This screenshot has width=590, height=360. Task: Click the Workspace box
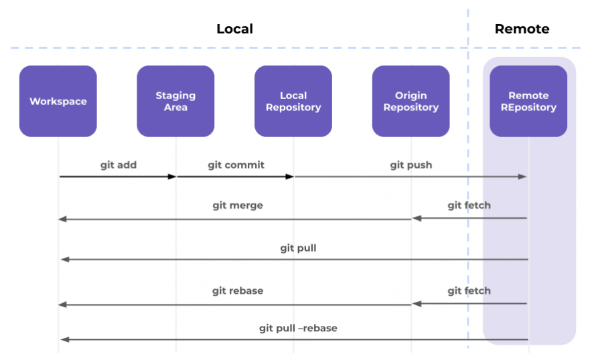[x=58, y=101]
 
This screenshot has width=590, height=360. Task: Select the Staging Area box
[x=175, y=101]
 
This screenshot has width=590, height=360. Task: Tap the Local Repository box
[x=293, y=101]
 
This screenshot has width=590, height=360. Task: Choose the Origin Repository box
[x=411, y=101]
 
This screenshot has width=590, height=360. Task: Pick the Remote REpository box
[x=528, y=101]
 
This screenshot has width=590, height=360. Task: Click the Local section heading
[x=234, y=29]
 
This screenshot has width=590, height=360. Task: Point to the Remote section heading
[x=522, y=29]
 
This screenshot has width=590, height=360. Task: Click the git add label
[x=118, y=165]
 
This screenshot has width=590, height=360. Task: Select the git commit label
[x=236, y=165]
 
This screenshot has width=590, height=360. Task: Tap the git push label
[x=411, y=165]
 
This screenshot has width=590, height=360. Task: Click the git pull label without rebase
[x=298, y=248]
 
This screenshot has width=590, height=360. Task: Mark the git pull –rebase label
[x=298, y=328]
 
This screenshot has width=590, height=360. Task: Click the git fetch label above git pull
[x=469, y=205]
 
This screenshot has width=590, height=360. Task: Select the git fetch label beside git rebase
[x=469, y=290]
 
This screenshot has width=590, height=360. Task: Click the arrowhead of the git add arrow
[x=172, y=177]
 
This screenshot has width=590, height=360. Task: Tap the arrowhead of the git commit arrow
[x=290, y=177]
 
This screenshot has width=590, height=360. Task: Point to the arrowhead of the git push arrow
[x=524, y=177]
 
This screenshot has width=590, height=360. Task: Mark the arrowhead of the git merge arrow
[x=62, y=219]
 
